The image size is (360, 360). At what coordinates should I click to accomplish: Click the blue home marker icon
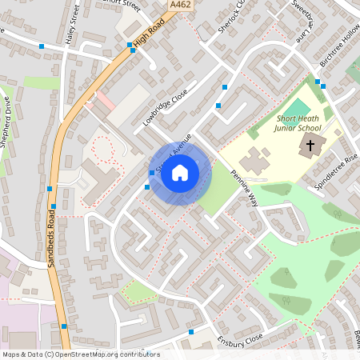click(x=179, y=173)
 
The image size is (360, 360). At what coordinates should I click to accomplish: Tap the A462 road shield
click(x=180, y=5)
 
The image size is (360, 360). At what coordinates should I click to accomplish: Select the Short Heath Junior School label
click(x=297, y=124)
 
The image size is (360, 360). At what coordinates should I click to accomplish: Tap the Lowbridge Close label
click(x=166, y=108)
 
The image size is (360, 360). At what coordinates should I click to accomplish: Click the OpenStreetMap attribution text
click(x=81, y=354)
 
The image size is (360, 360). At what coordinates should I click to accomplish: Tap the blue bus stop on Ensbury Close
click(x=191, y=331)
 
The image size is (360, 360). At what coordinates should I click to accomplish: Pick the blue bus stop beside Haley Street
click(x=42, y=46)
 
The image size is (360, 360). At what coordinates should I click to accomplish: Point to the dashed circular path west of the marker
click(x=102, y=148)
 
